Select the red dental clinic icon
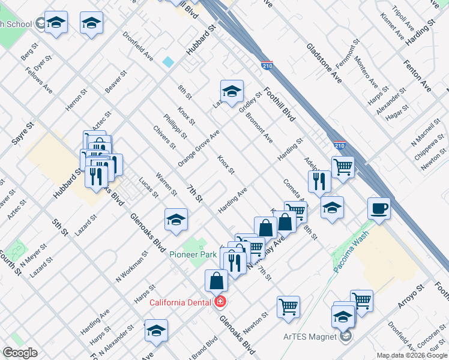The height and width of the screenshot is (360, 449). point(220,301)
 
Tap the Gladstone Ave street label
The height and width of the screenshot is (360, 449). point(324,63)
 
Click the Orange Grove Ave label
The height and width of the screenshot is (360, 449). point(199,148)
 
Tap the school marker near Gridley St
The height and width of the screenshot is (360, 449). point(232,92)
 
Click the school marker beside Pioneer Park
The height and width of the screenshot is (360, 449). point(176,220)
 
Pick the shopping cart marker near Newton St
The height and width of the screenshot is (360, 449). point(288,307)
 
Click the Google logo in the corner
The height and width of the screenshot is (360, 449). point(20,353)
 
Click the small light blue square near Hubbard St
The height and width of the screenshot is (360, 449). point(168,62)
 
